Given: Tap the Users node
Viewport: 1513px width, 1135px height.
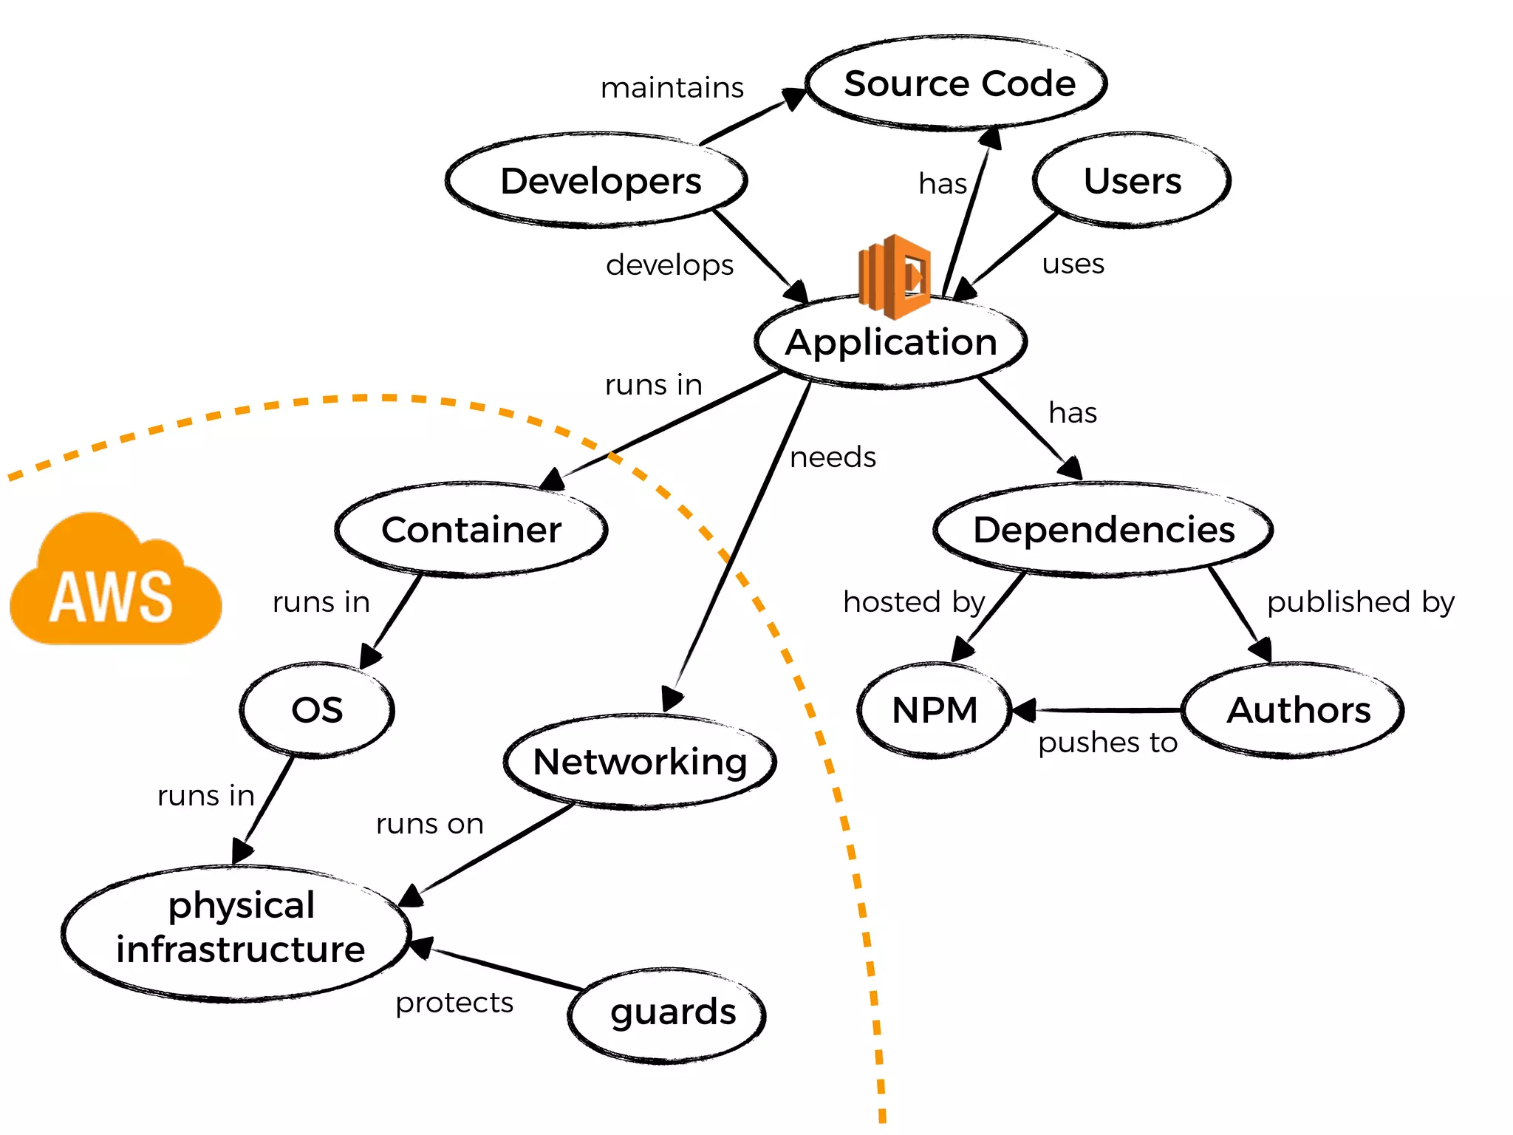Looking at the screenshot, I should click(1132, 181).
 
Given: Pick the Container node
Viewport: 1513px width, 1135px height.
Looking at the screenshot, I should click(471, 530).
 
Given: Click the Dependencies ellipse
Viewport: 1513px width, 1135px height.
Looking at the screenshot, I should click(1103, 530).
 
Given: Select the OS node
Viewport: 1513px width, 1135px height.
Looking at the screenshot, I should click(317, 710).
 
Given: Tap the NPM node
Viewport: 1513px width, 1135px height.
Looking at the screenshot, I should click(935, 710).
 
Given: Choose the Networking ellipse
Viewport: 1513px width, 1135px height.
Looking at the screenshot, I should click(640, 762).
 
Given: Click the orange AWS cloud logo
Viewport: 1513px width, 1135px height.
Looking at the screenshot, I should click(115, 583).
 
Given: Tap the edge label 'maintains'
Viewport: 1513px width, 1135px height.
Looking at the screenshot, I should click(672, 88).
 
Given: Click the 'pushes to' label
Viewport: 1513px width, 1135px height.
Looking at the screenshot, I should click(1107, 743).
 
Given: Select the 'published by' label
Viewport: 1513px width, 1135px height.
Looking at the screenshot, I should click(1360, 602).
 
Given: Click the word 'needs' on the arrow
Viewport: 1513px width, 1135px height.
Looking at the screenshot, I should click(833, 457).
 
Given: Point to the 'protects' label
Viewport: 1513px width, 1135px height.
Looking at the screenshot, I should click(454, 1003).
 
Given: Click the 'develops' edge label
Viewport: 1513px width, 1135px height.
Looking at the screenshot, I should click(669, 265).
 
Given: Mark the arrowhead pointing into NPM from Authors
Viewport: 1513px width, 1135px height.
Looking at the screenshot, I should click(1024, 710).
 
